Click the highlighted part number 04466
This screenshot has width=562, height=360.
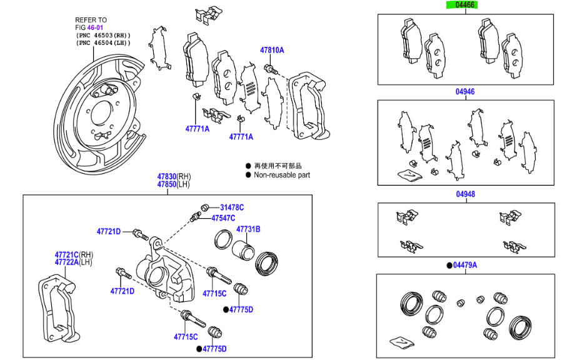[464, 5]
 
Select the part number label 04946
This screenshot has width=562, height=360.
[464, 92]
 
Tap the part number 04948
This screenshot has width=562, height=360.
[464, 194]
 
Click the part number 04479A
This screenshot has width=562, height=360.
[465, 266]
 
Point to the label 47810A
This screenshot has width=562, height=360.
[272, 49]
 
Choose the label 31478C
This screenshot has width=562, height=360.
[231, 207]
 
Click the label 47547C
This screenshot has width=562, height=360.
[223, 218]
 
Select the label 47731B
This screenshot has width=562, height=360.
[248, 229]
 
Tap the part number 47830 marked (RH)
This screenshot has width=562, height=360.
[166, 177]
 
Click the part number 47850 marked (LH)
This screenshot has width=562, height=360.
[166, 184]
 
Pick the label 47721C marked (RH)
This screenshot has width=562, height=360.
[66, 254]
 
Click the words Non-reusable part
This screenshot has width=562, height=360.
[281, 175]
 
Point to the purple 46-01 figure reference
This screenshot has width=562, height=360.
[96, 27]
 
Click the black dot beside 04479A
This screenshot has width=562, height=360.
[449, 266]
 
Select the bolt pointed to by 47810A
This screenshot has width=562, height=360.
[269, 68]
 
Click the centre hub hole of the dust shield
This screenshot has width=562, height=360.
[99, 114]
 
